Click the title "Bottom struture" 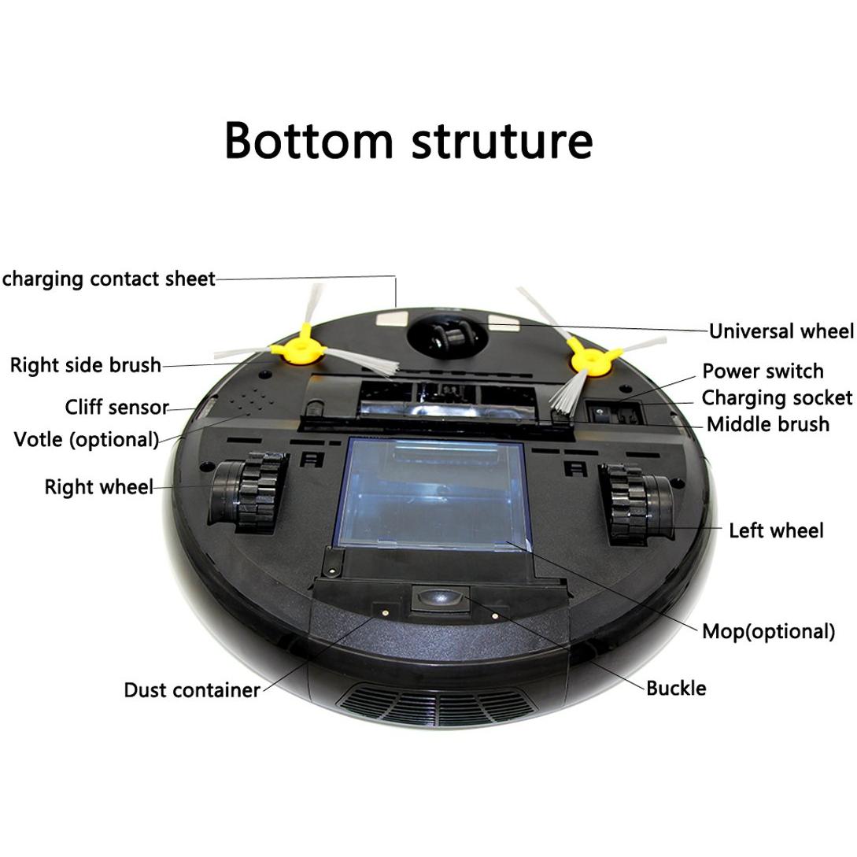(408, 140)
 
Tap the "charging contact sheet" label (109, 279)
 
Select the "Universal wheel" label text (781, 331)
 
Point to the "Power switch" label (763, 371)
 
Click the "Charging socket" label (777, 398)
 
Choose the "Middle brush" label (768, 424)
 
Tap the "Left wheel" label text (776, 530)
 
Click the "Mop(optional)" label (768, 631)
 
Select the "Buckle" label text (676, 688)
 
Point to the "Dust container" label (192, 689)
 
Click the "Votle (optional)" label (87, 439)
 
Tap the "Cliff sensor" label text (117, 407)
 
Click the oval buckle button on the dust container (439, 598)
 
